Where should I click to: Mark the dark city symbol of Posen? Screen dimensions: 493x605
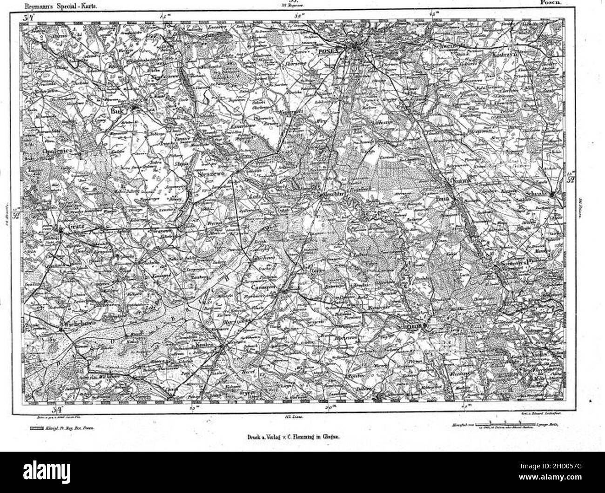(356, 46)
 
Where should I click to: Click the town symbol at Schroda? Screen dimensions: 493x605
(551, 195)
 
